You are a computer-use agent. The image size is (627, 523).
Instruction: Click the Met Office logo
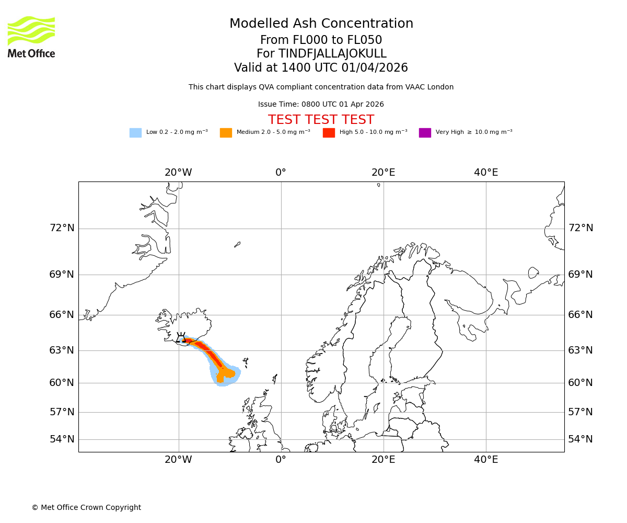coord(31,37)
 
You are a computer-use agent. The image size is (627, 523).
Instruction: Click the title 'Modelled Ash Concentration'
coord(321,24)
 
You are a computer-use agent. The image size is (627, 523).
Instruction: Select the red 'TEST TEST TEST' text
coord(321,120)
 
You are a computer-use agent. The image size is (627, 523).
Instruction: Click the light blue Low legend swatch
coord(135,133)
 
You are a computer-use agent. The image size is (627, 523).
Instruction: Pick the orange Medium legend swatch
coord(226,133)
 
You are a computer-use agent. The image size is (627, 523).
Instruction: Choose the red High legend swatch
coord(329,133)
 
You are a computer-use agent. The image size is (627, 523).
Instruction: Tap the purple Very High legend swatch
coord(425,133)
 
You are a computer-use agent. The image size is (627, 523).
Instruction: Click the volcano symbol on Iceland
coord(181,338)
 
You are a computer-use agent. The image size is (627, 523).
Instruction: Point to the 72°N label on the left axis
coord(62,228)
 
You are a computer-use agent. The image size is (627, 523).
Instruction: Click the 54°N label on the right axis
coord(580,439)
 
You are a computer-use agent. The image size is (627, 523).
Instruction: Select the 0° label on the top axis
coord(281,173)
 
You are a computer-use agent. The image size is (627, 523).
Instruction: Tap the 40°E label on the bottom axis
coord(486,460)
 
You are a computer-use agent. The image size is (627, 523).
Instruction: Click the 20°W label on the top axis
coord(178,173)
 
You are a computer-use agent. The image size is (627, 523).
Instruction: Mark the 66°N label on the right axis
coord(580,315)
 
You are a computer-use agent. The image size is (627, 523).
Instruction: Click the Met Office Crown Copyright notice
coord(86,507)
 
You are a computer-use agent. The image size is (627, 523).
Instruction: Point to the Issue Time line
coord(321,105)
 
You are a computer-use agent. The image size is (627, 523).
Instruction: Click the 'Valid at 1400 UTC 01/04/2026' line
coord(321,68)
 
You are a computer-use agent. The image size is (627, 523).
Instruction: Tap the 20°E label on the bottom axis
coord(383,460)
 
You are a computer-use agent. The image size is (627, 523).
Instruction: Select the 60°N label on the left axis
coord(62,383)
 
